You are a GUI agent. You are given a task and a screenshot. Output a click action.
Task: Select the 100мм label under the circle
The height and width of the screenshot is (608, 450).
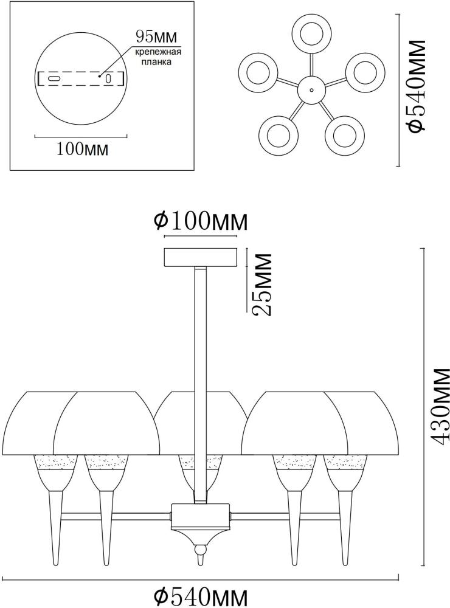point(82,149)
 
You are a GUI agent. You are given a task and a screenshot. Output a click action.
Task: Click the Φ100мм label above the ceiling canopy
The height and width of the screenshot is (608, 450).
point(201,222)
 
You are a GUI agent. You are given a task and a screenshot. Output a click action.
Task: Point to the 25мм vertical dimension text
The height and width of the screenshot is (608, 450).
point(261,284)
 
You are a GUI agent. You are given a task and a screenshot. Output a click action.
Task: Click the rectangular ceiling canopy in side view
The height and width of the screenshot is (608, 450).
point(201,257)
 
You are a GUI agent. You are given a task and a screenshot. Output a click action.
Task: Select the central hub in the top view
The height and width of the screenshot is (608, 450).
point(311,90)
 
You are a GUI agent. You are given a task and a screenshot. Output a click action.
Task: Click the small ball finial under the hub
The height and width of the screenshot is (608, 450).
point(200,551)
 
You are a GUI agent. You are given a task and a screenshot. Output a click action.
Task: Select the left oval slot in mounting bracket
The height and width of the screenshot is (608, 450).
point(53,78)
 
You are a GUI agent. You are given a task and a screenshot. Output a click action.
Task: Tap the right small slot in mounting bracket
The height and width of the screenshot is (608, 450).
point(108,78)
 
